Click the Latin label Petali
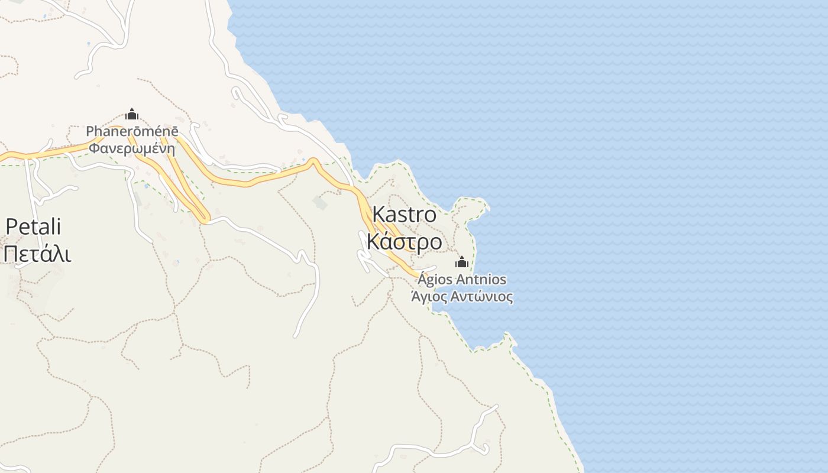coord(33,226)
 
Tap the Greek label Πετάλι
coord(37,254)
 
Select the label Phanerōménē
coord(131,131)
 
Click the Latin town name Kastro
coord(405,215)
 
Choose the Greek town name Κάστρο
coord(404,241)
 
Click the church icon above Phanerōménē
coord(132,114)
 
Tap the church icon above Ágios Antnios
coord(462,263)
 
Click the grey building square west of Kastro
coord(320,203)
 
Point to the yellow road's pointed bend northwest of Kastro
coord(314,160)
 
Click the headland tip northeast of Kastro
coord(486,207)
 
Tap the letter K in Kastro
coord(379,215)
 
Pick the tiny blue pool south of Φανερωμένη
coord(146,186)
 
